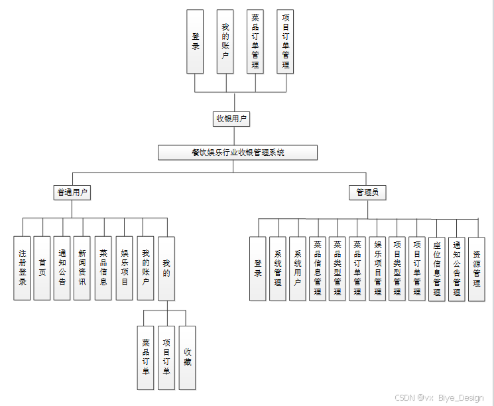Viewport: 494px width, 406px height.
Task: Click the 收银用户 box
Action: [x=232, y=119]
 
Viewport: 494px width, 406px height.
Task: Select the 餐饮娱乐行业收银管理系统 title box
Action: [x=237, y=153]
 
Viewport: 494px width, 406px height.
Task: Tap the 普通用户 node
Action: [x=72, y=192]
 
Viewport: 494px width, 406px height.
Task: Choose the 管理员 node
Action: [x=367, y=192]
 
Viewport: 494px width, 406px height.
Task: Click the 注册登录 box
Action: [x=23, y=268]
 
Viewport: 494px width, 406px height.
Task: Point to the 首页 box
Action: [x=42, y=268]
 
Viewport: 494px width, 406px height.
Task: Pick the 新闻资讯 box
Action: [x=82, y=268]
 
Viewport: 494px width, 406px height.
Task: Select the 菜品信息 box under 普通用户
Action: [x=103, y=268]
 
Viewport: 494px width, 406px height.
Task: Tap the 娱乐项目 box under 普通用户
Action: [x=124, y=268]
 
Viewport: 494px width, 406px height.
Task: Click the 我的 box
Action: [x=166, y=268]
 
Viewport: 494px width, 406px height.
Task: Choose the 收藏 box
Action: [x=188, y=358]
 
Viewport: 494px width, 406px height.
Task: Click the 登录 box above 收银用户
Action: [x=195, y=41]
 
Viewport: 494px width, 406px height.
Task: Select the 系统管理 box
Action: [x=278, y=269]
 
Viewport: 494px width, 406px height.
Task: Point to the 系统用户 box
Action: [x=298, y=269]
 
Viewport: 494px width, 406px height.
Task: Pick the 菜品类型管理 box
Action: [x=338, y=269]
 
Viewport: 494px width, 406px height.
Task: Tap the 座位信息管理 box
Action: [x=436, y=269]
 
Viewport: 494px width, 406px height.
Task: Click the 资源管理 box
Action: [x=477, y=269]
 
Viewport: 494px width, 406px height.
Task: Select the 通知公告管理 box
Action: [x=456, y=269]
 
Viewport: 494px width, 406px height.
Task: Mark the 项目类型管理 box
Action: [x=397, y=269]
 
